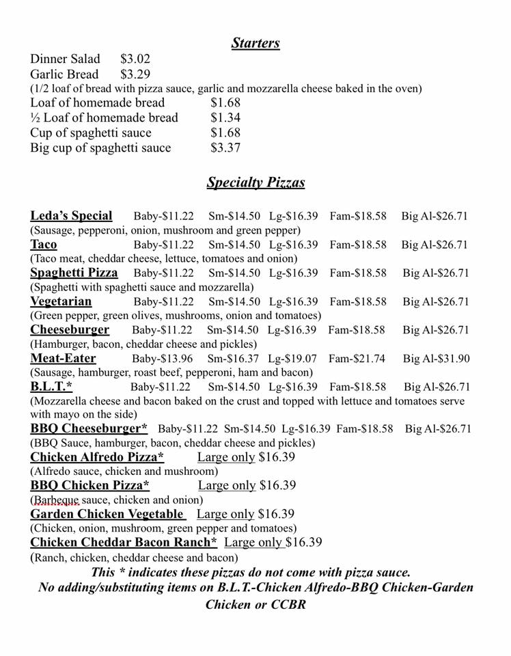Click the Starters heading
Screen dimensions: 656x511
255,43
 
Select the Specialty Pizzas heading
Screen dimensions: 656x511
255,182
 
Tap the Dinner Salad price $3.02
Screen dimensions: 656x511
135,59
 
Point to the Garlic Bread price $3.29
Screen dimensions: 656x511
135,74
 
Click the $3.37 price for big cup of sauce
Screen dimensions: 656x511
225,148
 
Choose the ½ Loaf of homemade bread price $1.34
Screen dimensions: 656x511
225,118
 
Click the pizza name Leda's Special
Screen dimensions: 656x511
71,216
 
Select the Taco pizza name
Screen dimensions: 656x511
44,245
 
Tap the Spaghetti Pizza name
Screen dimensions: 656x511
74,273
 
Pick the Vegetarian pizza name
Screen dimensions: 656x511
61,301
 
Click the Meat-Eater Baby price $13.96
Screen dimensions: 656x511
162,359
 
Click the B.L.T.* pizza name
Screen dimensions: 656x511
51,387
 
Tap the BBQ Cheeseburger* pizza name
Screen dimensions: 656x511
89,429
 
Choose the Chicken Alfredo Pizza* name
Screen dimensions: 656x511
97,457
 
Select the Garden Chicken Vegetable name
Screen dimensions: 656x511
107,514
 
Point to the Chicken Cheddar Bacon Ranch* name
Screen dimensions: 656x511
124,543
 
